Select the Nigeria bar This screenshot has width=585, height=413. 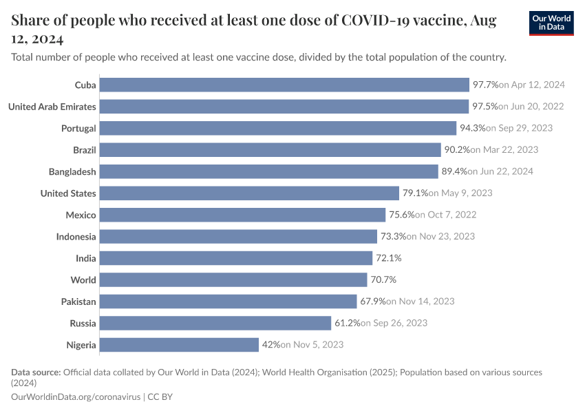179,344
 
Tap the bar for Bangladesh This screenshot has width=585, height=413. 269,171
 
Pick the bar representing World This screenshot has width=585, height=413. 233,279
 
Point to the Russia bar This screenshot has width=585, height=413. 215,323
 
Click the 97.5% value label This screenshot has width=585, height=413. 485,107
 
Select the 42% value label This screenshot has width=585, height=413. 269,344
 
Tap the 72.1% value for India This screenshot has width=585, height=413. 387,258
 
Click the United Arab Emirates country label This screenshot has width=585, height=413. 52,107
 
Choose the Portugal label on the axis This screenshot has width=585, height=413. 78,128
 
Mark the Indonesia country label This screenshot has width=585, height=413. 76,237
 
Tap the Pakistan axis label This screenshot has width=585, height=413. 78,301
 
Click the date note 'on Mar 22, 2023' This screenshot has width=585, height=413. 504,150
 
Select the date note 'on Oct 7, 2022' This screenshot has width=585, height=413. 447,215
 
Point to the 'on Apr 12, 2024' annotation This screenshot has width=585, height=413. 532,85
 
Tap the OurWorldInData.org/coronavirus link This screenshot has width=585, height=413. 76,397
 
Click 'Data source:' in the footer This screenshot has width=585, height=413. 36,372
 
